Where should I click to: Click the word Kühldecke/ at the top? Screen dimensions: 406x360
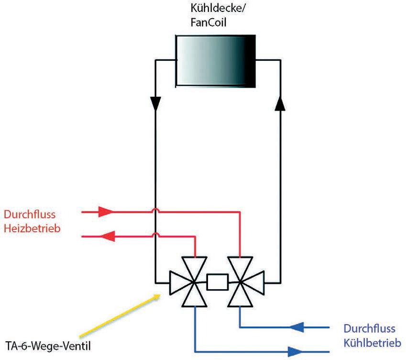coord(218,9)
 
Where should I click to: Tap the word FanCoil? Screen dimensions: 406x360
coord(208,22)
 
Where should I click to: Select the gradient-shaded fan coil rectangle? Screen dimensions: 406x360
coord(216,61)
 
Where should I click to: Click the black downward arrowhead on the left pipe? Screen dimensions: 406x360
coord(155,104)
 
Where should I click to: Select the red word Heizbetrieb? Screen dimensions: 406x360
coord(32,229)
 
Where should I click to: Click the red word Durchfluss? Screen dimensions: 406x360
coord(30,214)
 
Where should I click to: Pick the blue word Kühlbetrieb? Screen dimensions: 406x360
coord(373,343)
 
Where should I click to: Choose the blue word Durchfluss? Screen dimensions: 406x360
coord(370,328)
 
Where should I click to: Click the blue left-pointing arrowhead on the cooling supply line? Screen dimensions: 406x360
coord(296,327)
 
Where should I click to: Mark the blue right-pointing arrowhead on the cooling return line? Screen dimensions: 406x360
coord(296,352)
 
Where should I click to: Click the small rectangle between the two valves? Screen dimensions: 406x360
coord(218,281)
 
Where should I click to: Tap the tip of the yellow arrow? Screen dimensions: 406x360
coord(160,295)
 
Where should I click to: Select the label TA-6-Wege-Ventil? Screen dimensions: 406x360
coord(48,346)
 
